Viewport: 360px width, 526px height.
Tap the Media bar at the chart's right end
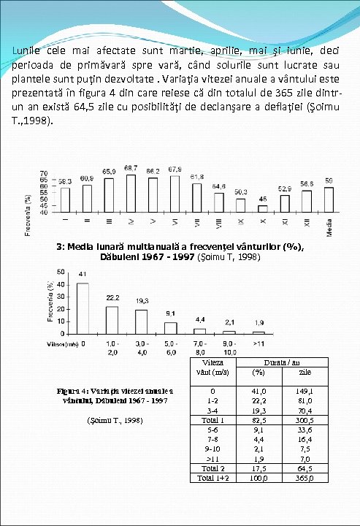(329, 199)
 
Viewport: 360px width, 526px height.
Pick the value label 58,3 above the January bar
(65, 180)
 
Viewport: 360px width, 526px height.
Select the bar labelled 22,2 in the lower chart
(112, 321)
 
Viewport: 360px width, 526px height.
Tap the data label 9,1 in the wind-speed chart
(170, 314)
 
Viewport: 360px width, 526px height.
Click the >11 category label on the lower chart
(258, 343)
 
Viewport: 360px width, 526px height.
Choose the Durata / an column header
(280, 361)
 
